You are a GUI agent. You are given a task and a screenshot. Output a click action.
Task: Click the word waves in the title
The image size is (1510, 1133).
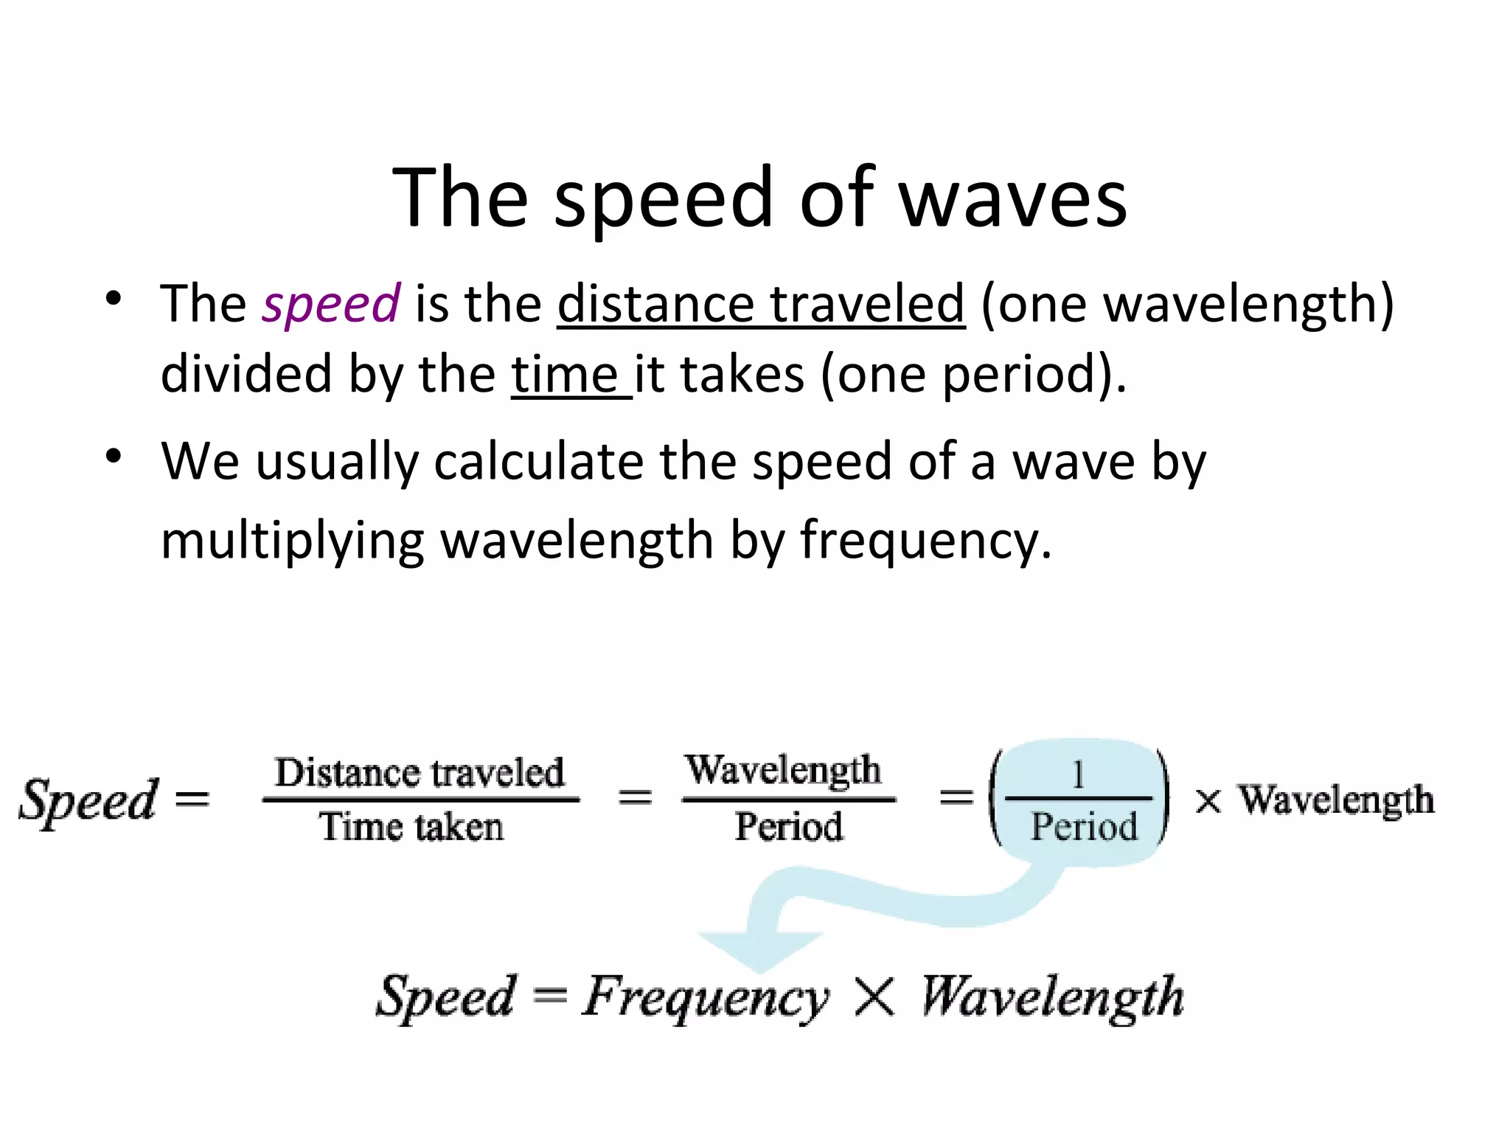1014,199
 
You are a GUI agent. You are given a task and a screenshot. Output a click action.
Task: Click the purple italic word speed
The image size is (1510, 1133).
331,304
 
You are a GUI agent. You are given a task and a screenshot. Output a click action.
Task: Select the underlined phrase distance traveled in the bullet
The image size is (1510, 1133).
760,304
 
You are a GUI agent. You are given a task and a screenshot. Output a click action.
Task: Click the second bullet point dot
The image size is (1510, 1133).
113,457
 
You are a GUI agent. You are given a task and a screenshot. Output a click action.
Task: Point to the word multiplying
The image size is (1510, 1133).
292,541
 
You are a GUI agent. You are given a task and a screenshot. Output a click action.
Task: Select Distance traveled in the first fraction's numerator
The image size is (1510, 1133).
420,772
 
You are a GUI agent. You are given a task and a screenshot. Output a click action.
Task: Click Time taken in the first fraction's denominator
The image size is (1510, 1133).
411,826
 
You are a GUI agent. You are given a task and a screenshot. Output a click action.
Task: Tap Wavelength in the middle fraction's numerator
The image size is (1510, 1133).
783,770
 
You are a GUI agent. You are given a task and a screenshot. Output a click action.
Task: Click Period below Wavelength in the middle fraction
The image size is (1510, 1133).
788,826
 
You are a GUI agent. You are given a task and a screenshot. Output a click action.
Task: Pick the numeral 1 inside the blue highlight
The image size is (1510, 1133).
1078,775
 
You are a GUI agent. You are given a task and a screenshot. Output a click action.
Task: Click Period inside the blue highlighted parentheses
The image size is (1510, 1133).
1083,826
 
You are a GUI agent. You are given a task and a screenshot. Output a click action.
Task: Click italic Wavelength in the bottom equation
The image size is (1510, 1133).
1052,997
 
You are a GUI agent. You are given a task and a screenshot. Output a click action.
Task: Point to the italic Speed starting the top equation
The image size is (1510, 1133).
88,800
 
